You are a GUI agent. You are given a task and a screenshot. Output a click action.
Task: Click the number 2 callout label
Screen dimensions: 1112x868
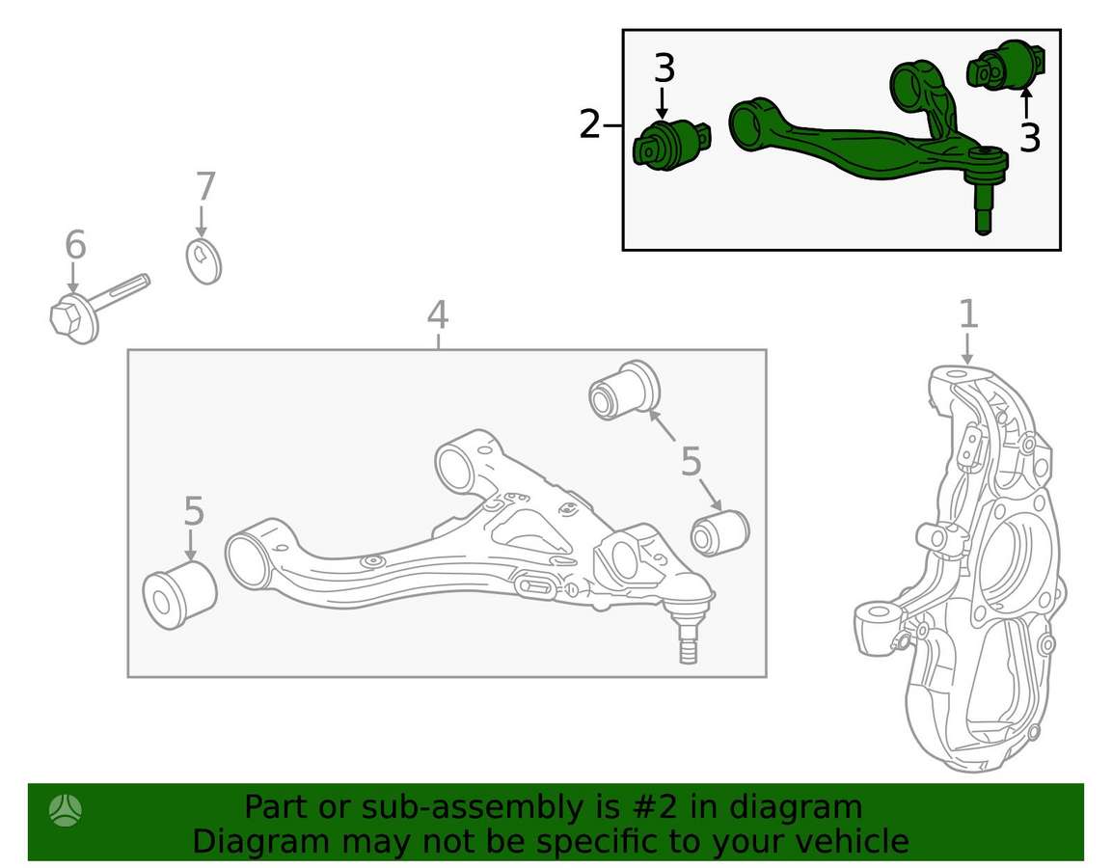point(590,124)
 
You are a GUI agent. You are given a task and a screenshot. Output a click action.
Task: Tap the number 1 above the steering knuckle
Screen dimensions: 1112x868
point(968,313)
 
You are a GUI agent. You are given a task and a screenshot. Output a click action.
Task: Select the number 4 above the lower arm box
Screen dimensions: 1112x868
point(438,314)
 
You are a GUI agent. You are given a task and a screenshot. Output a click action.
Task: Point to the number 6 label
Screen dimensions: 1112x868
point(75,245)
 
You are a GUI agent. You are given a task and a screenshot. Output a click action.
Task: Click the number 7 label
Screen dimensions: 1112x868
point(205,186)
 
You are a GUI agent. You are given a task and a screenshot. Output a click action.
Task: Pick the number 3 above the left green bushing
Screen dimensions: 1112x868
point(664,68)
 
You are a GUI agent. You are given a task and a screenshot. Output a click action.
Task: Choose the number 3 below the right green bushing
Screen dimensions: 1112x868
point(1029,138)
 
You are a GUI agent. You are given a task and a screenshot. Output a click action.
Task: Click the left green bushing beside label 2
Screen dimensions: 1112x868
point(670,145)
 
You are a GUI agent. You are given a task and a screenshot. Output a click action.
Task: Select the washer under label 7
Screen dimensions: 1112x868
point(203,261)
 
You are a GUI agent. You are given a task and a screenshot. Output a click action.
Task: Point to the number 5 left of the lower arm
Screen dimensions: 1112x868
point(194,510)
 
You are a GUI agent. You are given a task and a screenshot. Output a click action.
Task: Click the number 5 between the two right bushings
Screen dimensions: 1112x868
point(691,462)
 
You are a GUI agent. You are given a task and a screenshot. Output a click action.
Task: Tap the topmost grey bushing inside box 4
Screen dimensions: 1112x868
point(624,390)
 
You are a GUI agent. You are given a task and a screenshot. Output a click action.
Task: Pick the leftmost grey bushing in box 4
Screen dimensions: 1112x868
point(179,593)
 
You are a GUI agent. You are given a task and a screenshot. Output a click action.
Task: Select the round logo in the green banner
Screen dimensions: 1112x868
point(66,810)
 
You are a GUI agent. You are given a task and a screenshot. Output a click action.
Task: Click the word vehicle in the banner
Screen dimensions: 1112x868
point(851,842)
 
